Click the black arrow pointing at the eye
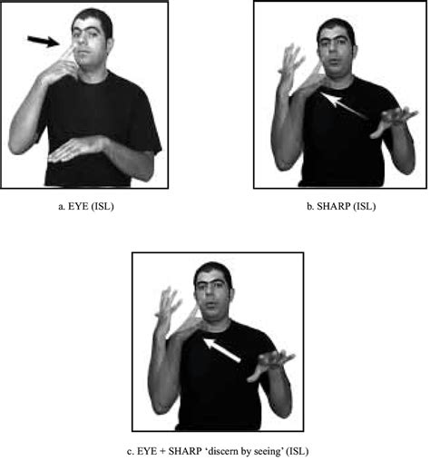click(44, 42)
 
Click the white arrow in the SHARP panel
click(344, 105)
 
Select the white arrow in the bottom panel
click(221, 350)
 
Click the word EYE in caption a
click(78, 206)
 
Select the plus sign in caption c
click(162, 452)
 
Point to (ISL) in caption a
click(103, 206)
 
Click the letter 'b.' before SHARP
click(310, 206)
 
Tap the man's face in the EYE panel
click(90, 42)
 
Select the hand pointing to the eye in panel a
click(60, 66)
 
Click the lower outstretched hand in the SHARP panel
click(393, 122)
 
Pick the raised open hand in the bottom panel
click(167, 311)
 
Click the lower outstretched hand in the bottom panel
click(270, 366)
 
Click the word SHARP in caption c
click(185, 451)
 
